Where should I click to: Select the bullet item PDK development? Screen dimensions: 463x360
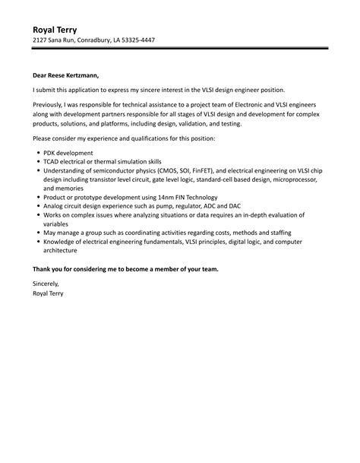[x=70, y=153]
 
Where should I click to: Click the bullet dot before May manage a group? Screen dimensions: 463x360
[x=38, y=234]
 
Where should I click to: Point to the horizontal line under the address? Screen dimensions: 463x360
[x=180, y=49]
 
